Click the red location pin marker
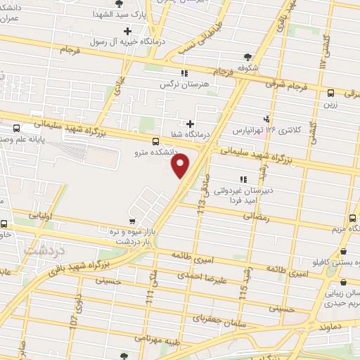(181, 167)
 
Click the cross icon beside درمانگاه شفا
(190, 124)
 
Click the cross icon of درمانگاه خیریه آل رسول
(127, 31)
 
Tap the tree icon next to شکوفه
(247, 57)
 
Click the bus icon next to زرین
(330, 92)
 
